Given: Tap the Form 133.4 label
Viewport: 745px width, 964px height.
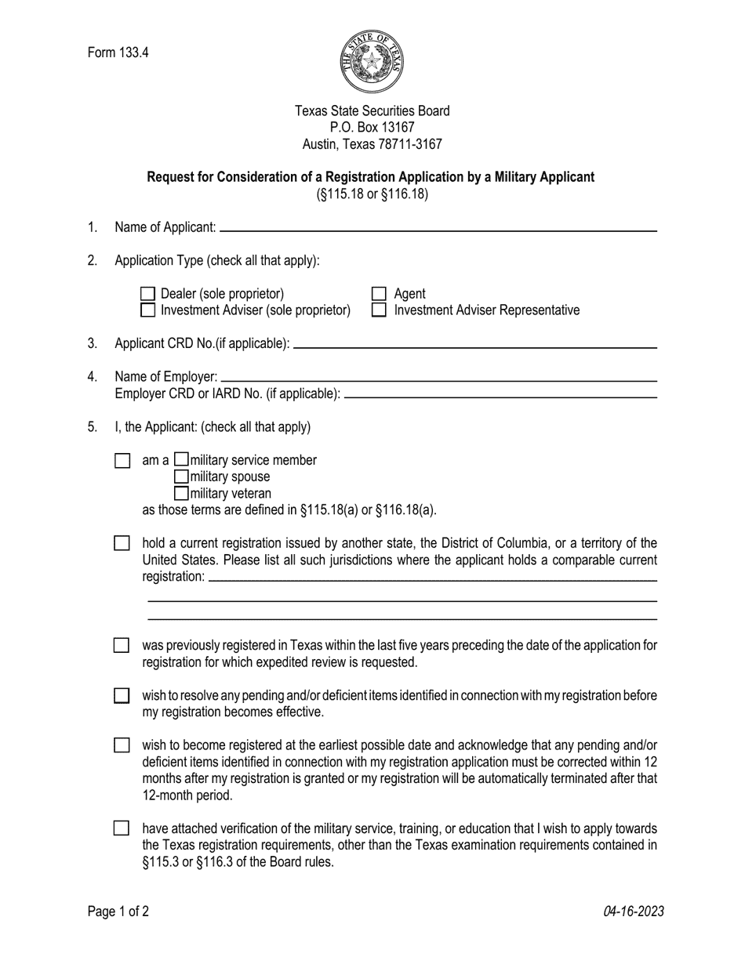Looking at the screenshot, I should click(x=118, y=53).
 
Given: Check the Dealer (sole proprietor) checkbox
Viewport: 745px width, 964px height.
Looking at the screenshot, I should click(x=147, y=294).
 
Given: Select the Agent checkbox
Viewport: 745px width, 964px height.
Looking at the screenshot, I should click(x=380, y=294).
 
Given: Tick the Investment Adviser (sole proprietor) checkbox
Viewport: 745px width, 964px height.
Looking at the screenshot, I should click(x=147, y=310).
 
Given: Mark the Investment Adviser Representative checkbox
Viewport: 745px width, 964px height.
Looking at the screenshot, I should click(x=380, y=310).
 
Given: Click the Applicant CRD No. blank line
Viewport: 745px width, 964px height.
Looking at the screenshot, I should click(x=474, y=346).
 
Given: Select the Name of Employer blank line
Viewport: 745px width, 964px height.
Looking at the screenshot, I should click(x=439, y=379).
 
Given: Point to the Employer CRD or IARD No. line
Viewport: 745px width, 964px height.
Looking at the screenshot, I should click(x=500, y=396).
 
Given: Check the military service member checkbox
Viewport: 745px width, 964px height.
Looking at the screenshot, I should click(x=181, y=460).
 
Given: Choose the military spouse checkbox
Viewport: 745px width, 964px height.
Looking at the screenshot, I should click(x=181, y=477).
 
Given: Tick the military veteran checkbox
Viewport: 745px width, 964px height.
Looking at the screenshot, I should click(x=181, y=493).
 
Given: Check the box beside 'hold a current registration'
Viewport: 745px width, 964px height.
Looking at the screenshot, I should click(x=122, y=543).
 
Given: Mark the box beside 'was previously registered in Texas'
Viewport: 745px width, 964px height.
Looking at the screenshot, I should click(x=122, y=645).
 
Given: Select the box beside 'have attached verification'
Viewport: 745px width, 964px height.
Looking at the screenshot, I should click(x=122, y=828).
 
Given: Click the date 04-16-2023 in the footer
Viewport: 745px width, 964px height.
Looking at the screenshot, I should click(x=634, y=911).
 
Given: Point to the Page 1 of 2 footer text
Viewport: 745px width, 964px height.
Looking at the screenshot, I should click(x=118, y=911).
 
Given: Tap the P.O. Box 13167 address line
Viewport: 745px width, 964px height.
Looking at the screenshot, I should click(x=372, y=128).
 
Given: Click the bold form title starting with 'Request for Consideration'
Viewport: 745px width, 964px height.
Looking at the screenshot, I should click(x=371, y=177).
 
